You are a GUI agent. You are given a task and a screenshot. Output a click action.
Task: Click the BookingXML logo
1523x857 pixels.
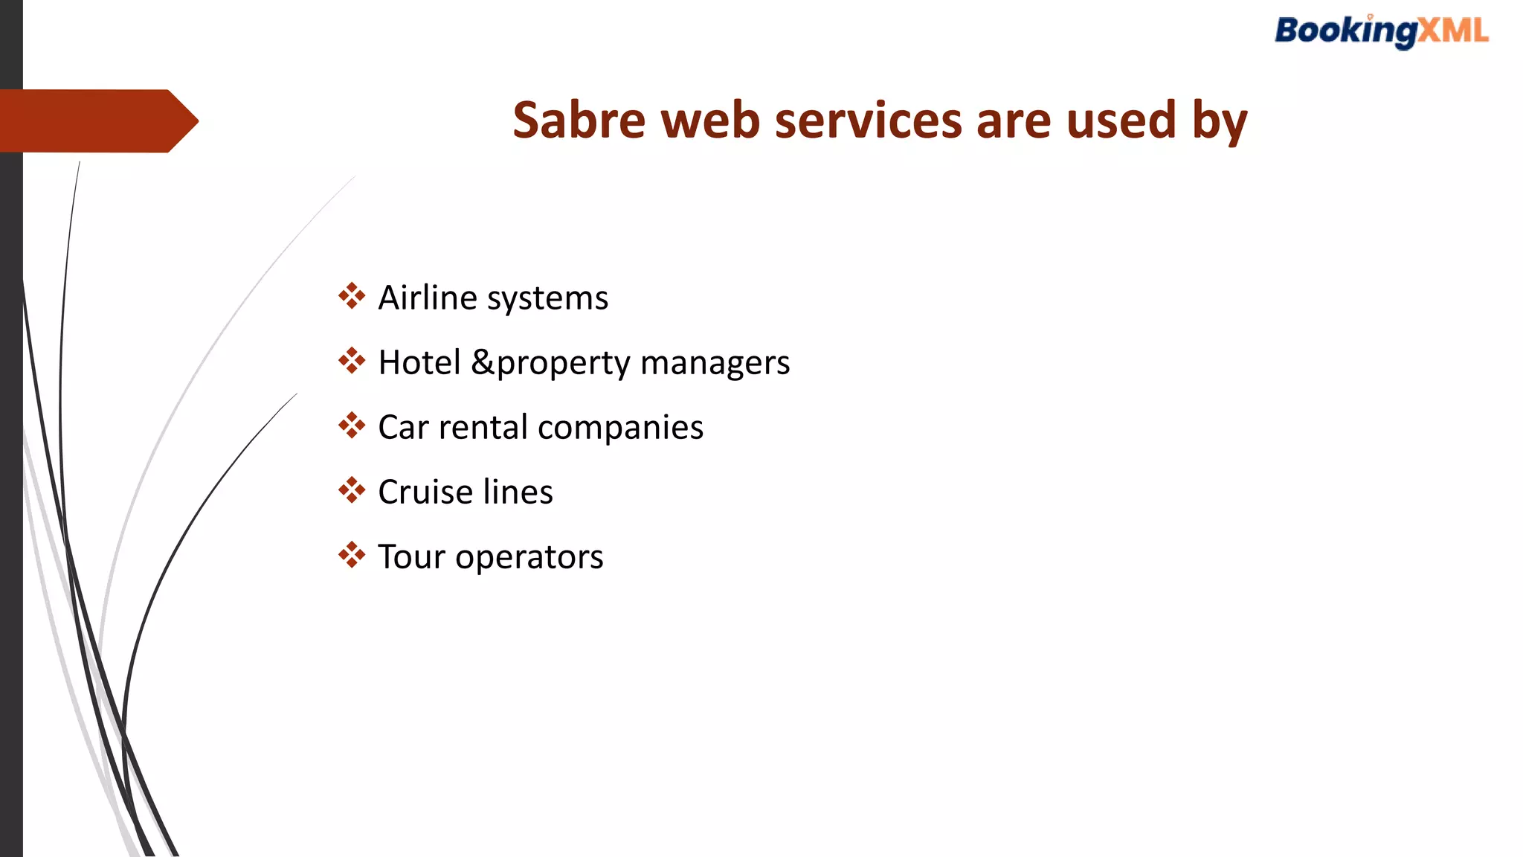click(1382, 32)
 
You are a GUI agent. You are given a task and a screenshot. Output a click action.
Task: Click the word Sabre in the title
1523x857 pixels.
click(579, 121)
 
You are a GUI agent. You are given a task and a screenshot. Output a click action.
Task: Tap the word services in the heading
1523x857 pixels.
click(868, 121)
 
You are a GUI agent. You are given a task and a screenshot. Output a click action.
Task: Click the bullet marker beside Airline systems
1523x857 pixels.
click(352, 296)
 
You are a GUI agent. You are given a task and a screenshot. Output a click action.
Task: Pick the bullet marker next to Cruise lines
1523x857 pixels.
click(352, 490)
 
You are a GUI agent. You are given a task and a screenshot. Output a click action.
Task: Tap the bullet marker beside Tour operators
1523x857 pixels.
click(352, 555)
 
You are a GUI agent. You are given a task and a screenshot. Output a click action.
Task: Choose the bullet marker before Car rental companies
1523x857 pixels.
click(352, 426)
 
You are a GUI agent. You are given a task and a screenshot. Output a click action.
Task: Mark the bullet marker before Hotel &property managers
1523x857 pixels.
click(352, 361)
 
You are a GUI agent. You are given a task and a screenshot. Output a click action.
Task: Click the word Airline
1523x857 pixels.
click(428, 298)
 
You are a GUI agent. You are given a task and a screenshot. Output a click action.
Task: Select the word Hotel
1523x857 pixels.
click(419, 363)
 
